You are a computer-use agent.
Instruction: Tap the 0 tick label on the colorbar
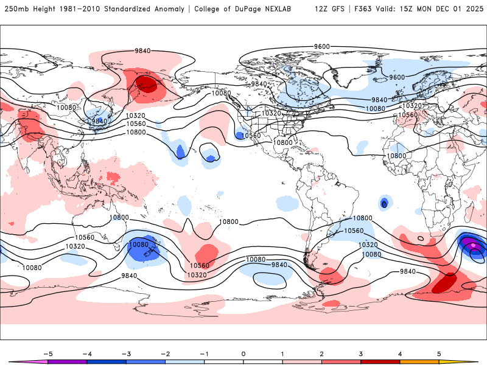[x=243, y=353]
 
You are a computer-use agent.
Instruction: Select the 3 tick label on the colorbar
[x=361, y=353]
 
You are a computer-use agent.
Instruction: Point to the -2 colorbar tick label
[x=165, y=353]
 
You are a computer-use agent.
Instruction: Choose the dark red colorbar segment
[x=380, y=361]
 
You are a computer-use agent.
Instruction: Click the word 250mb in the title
[x=16, y=9]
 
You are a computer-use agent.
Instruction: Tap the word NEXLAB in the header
[x=284, y=9]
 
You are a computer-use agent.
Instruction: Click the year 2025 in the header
[x=474, y=9]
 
